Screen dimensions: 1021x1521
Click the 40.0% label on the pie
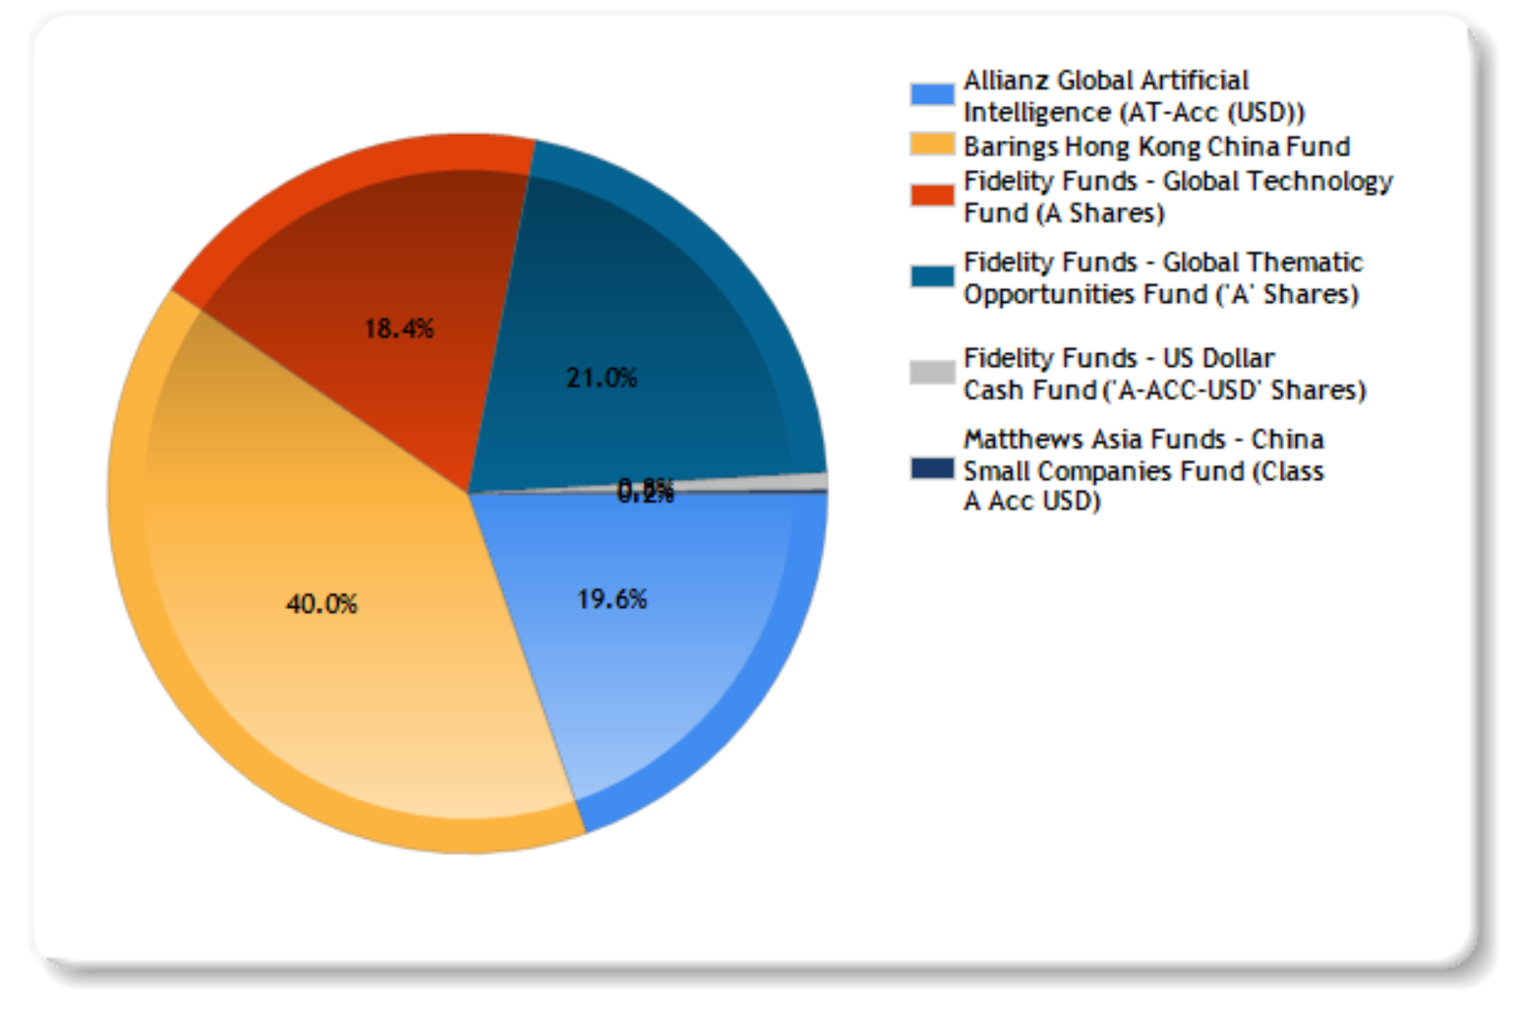point(322,603)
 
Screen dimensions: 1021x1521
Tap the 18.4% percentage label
point(398,329)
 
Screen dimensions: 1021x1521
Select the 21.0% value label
point(601,378)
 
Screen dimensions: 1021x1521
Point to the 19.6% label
point(612,599)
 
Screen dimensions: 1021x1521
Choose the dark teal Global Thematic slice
point(669,295)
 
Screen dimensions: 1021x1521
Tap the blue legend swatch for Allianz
point(931,94)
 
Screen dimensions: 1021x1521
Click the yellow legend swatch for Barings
point(931,146)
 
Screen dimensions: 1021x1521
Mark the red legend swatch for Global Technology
point(931,195)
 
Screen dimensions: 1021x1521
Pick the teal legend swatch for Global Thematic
point(931,276)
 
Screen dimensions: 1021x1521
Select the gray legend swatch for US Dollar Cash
point(931,372)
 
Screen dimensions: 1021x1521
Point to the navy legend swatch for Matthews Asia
point(931,468)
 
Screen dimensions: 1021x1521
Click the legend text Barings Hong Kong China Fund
point(1156,147)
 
